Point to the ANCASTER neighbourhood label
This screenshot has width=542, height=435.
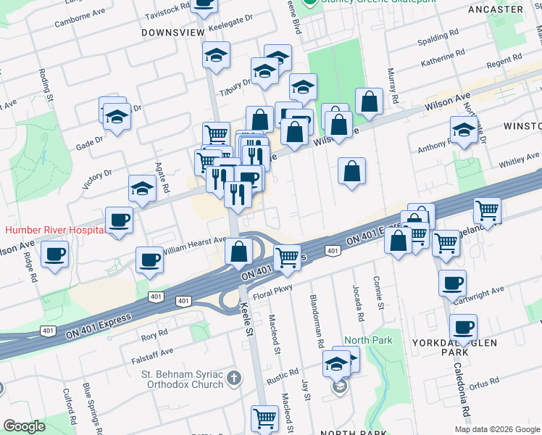point(495,9)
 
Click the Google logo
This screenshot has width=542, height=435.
point(25,426)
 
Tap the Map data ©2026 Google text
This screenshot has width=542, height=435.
point(497,429)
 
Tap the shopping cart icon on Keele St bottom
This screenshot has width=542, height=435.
point(264,417)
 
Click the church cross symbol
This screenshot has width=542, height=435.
point(233,378)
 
